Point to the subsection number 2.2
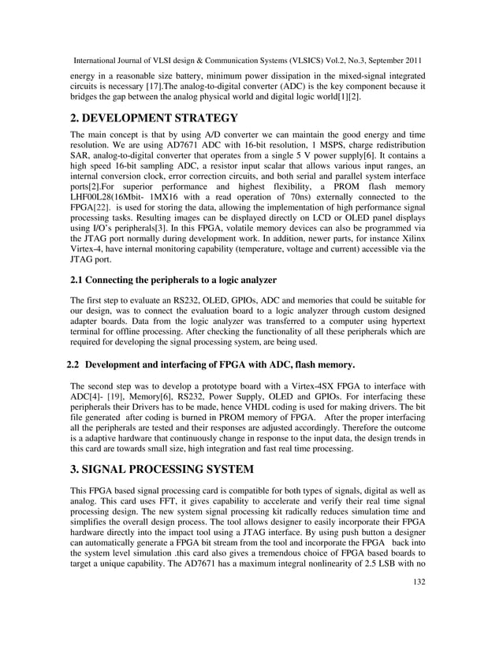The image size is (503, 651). click(73, 365)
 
